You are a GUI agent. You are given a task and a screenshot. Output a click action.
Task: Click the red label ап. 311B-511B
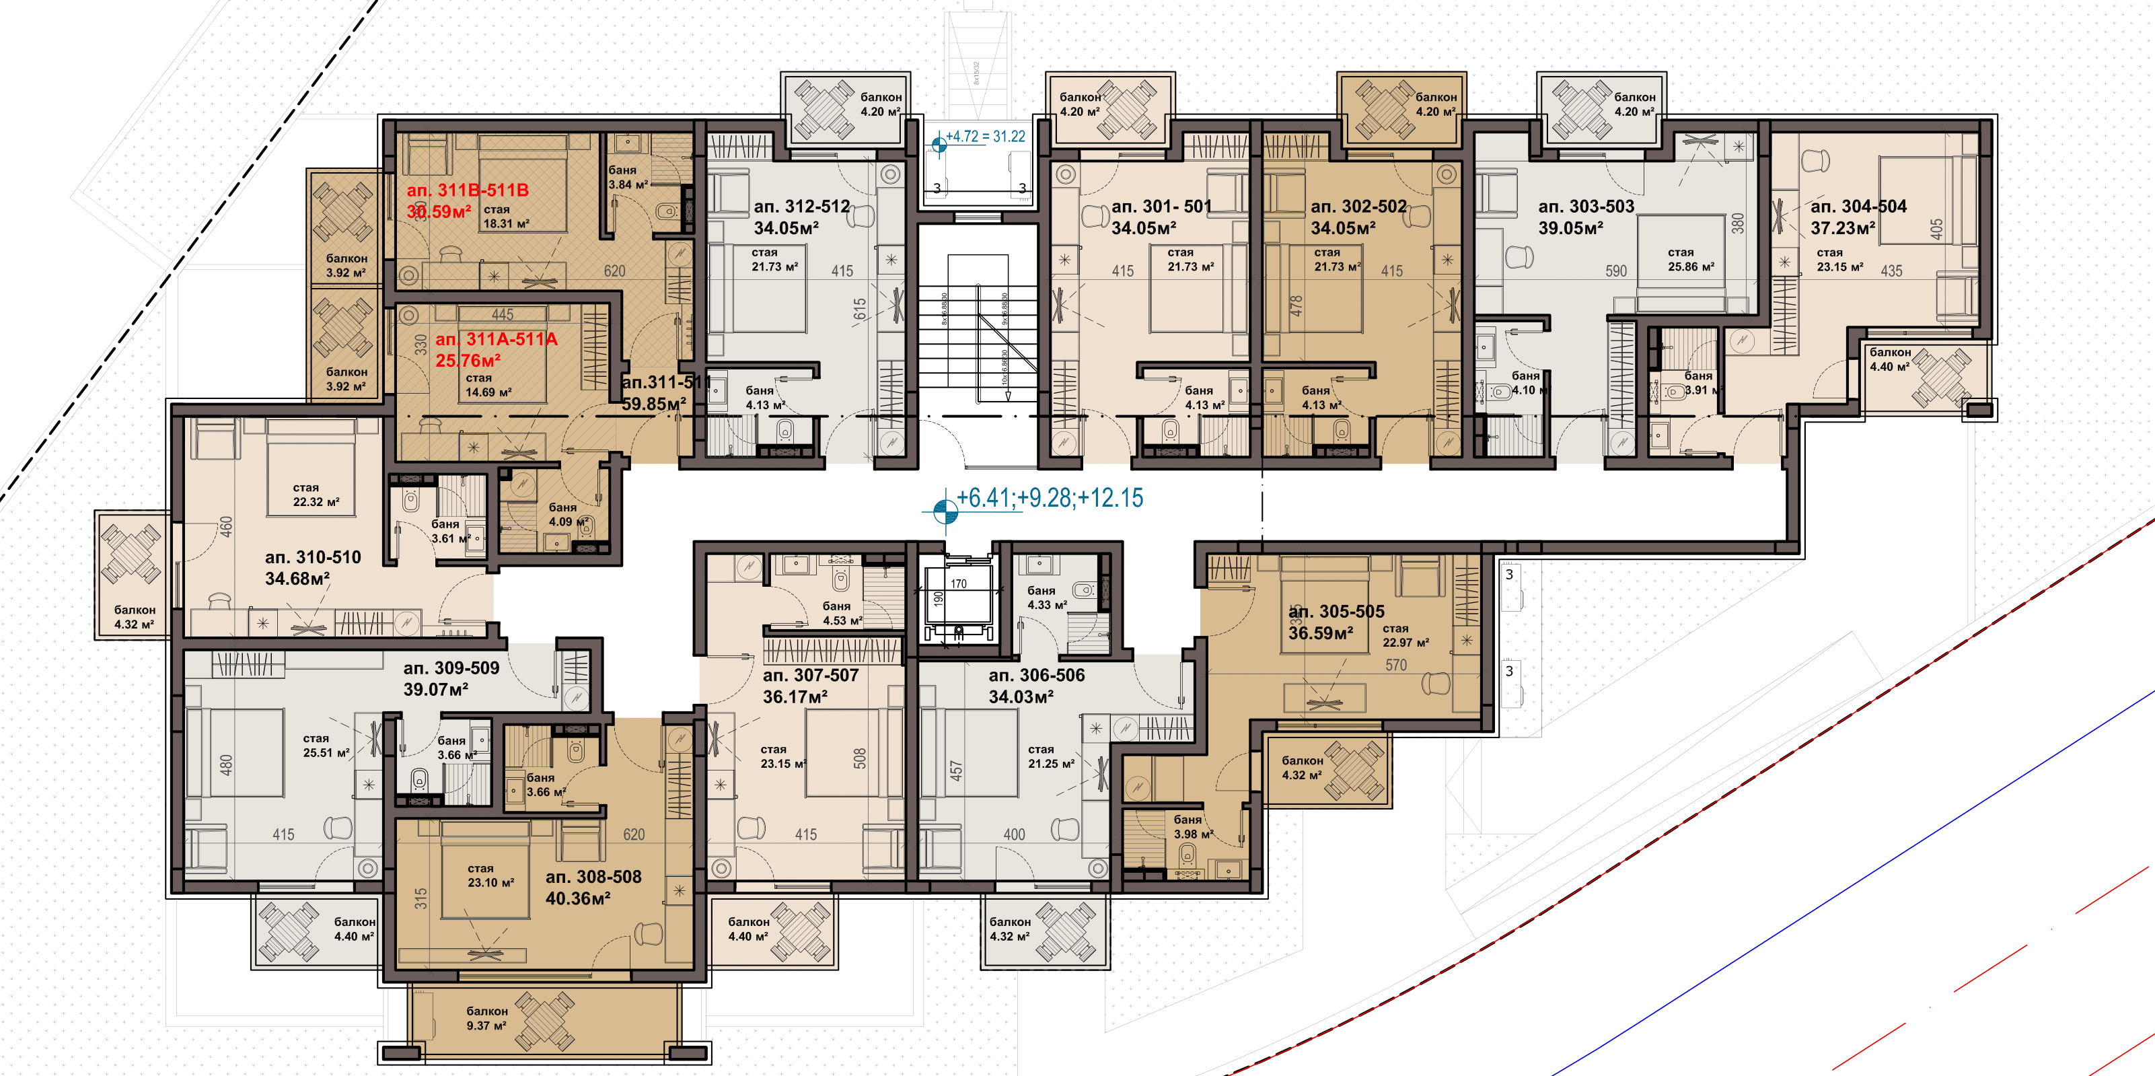pos(467,190)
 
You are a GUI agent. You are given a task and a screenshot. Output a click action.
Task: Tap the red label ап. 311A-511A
pos(495,339)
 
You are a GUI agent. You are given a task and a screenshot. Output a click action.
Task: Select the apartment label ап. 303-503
pos(1585,206)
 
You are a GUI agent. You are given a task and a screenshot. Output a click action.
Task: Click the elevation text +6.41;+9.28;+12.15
pos(1049,498)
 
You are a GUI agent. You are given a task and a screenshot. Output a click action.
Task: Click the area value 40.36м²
pos(577,898)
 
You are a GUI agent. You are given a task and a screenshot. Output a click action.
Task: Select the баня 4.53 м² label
pos(841,613)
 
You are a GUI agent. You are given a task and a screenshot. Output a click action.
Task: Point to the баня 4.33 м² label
pos(1046,598)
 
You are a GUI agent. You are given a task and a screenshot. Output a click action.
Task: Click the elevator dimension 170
pos(958,584)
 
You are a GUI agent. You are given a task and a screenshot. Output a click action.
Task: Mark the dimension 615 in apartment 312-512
pos(860,309)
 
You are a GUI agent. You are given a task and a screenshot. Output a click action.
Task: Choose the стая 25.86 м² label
pos(1690,259)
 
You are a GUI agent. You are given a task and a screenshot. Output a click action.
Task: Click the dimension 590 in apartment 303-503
pos(1615,271)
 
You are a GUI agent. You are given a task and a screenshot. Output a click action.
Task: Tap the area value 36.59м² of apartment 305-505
pos(1320,633)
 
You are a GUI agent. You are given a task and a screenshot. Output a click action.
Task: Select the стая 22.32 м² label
pos(316,495)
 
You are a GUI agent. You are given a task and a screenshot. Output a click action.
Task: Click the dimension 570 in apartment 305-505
pos(1395,665)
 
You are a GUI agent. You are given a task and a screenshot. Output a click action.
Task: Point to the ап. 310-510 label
pos(312,557)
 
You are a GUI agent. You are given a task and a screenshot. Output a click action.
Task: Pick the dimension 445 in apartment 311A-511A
pos(502,315)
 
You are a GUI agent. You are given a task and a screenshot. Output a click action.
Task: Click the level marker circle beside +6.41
pos(945,509)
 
